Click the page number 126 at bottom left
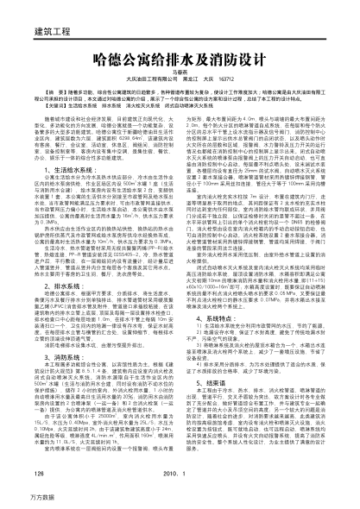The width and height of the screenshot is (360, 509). click(37, 474)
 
